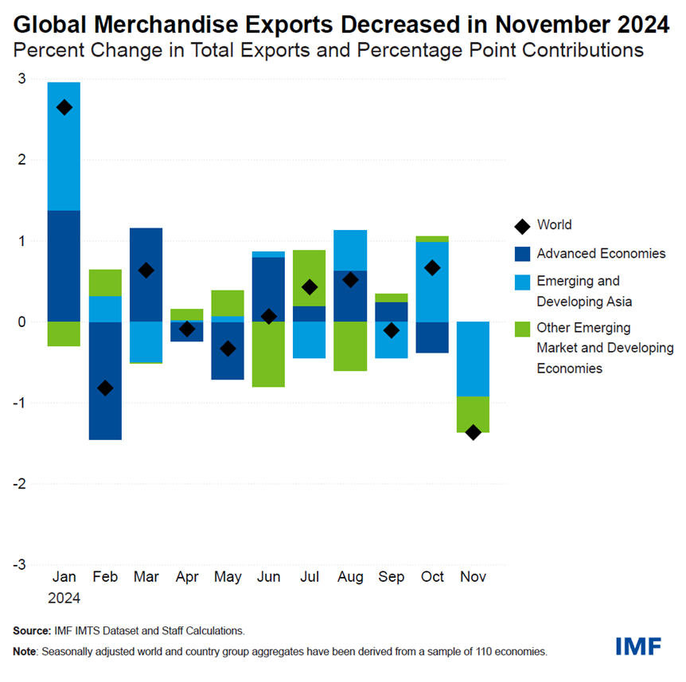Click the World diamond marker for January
64,107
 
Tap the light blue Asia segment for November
473,358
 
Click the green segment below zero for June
269,354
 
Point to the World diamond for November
473,432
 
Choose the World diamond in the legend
522,226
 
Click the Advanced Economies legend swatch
522,254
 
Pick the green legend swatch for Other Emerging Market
522,328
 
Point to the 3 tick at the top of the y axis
22,78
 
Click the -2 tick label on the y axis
19,483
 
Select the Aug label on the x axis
350,576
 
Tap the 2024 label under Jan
64,597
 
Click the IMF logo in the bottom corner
638,645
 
